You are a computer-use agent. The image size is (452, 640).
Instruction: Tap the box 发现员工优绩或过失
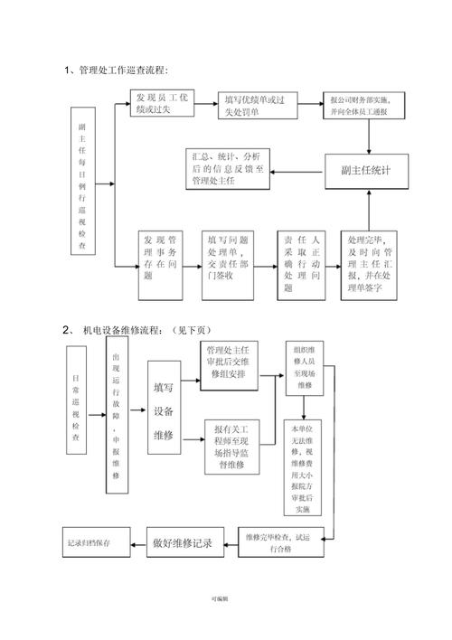(x=162, y=103)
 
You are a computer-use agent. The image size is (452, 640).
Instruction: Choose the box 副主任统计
(x=366, y=170)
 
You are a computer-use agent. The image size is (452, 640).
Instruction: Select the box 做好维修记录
(x=182, y=542)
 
